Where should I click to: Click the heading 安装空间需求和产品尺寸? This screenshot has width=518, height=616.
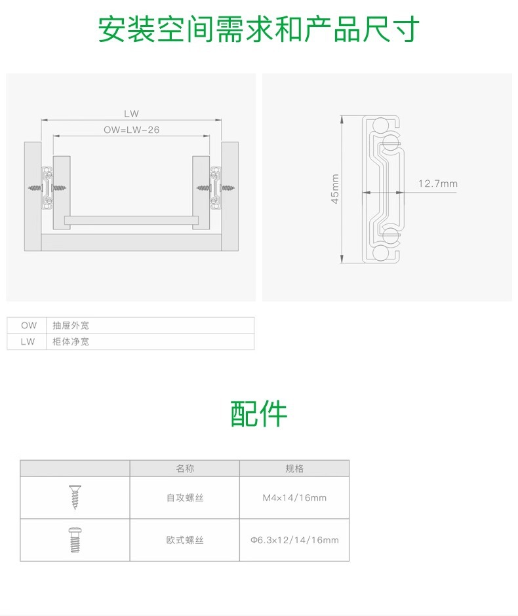(x=258, y=30)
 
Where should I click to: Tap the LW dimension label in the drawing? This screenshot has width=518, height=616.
(x=131, y=113)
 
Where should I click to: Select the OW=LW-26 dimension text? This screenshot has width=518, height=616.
(x=131, y=130)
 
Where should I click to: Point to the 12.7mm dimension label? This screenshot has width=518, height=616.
(x=437, y=183)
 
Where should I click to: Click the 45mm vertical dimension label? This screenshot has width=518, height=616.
(x=335, y=189)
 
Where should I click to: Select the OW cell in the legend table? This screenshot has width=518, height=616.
(x=28, y=325)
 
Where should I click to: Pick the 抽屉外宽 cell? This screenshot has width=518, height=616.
(x=70, y=325)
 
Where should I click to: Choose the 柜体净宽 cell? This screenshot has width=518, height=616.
(x=70, y=341)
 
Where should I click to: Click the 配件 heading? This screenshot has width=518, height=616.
(x=258, y=414)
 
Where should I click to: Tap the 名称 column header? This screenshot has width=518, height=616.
(x=184, y=469)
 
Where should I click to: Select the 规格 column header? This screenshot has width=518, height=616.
(x=294, y=469)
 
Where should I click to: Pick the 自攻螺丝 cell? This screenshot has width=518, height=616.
(x=184, y=498)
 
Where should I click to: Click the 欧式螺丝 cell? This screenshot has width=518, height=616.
(x=184, y=540)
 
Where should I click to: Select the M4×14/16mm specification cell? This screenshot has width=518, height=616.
(x=294, y=498)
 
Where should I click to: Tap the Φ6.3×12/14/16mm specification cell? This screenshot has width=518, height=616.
(x=294, y=540)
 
